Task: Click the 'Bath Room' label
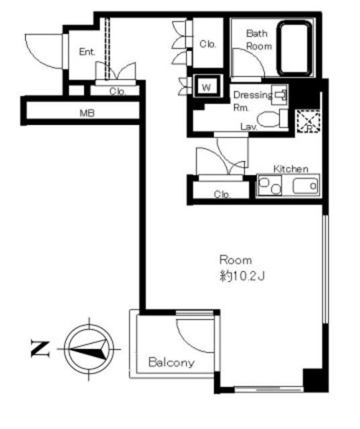258,40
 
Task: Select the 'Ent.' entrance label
87,52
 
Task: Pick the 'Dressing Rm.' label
252,101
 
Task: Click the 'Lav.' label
249,127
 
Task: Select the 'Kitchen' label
291,169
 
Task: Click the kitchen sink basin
306,186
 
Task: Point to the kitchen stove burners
269,186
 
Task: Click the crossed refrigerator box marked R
308,121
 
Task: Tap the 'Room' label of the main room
235,259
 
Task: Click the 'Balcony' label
171,363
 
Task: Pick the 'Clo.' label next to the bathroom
208,44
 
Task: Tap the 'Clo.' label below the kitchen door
223,194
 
